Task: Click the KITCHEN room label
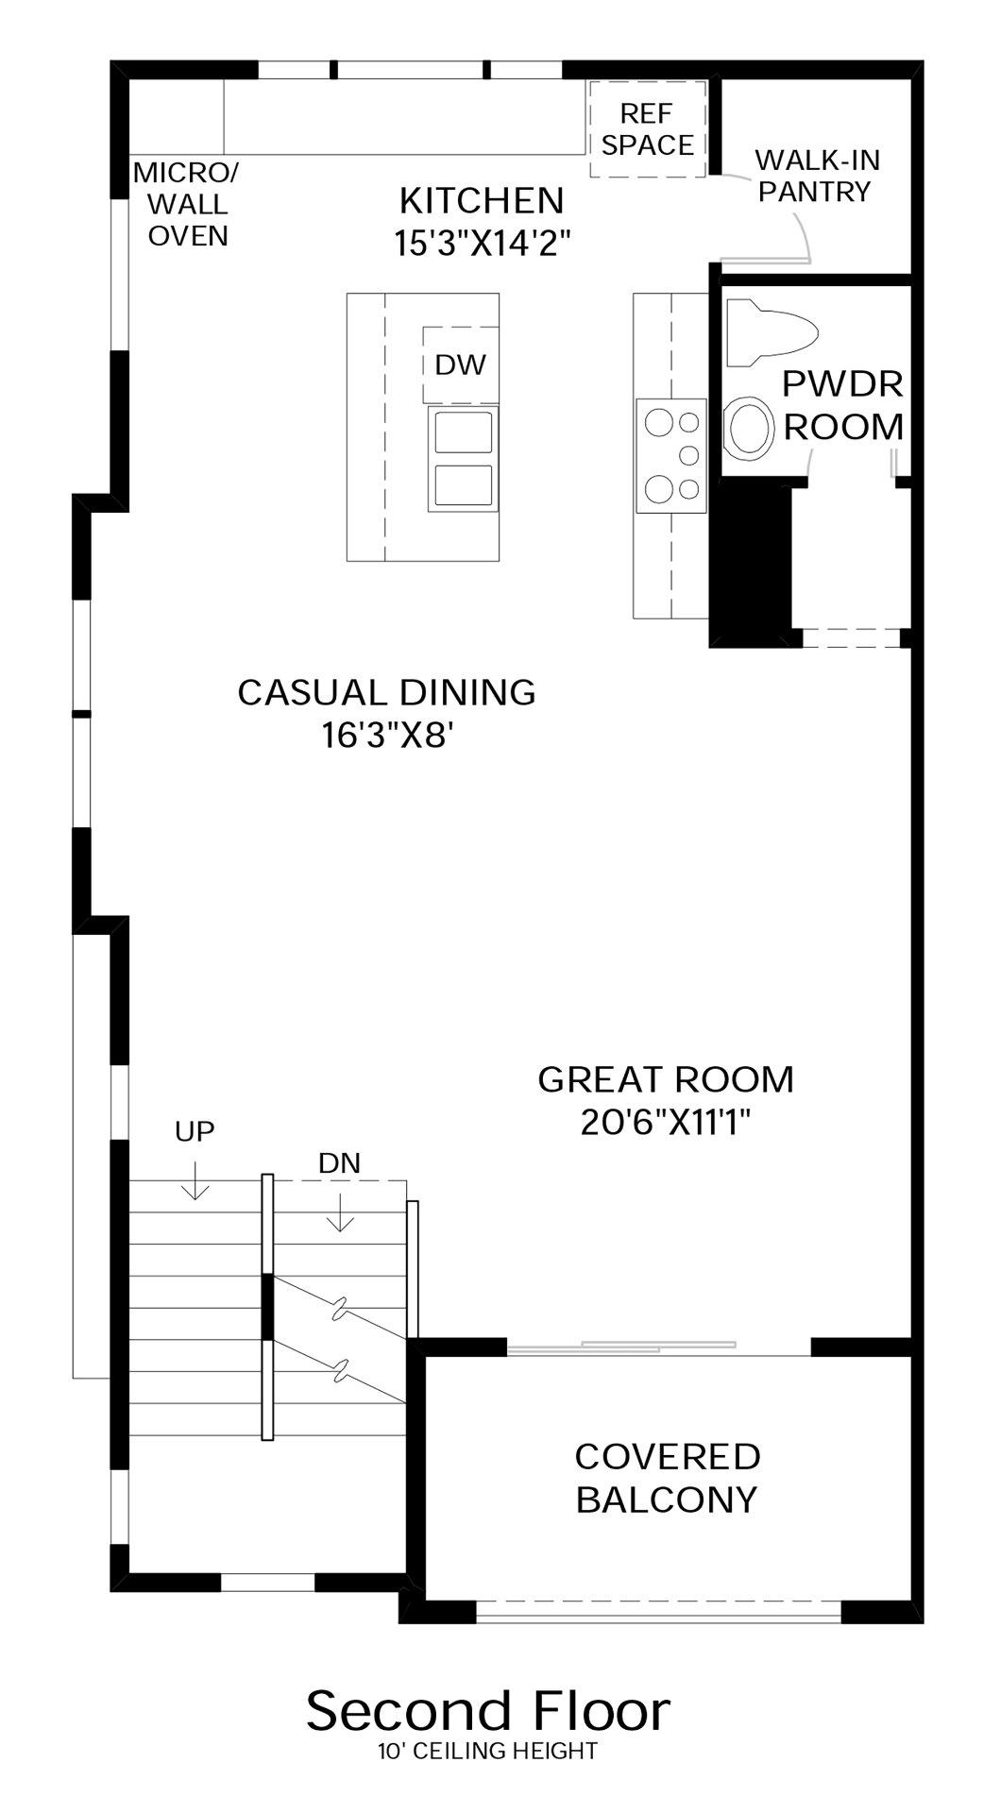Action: coord(482,200)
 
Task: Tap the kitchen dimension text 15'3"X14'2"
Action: coord(483,244)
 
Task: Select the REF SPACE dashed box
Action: coord(648,129)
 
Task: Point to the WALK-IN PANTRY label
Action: coord(817,176)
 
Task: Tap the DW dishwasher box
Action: coord(461,364)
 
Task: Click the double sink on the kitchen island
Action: coord(463,459)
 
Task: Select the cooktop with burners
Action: coord(671,455)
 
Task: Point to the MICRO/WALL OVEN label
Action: coord(187,204)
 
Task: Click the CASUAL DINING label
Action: coord(386,692)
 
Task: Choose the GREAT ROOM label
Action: coord(666,1079)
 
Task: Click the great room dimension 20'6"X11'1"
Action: coord(666,1123)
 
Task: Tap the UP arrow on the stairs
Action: coord(195,1179)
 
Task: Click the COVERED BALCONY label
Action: coord(668,1478)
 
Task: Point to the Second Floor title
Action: coord(488,1711)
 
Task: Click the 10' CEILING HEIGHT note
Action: coord(487,1752)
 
